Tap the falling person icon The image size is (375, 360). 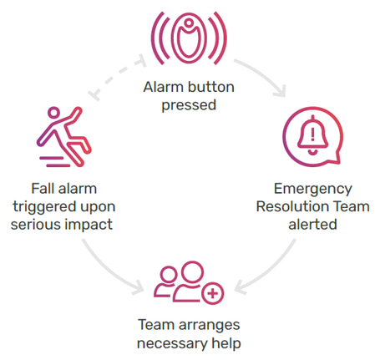[63, 137]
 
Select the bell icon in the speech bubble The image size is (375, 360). [312, 136]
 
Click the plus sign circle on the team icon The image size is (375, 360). [213, 293]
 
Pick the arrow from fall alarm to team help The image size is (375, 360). [109, 271]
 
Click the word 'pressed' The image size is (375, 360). [189, 105]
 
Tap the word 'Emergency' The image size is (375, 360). [313, 190]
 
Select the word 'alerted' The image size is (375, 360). [312, 225]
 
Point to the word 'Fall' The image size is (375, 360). [42, 189]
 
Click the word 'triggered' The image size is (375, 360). [44, 207]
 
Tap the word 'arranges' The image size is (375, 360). [209, 325]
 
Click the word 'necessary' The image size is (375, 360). [172, 343]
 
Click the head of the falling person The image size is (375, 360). [53, 113]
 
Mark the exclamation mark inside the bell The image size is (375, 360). [312, 134]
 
